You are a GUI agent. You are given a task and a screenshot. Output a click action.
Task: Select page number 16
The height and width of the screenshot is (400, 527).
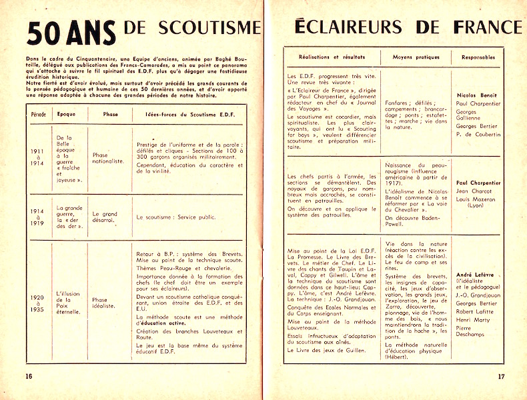(x=29, y=375)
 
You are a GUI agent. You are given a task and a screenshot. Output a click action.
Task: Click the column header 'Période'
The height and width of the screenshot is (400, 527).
(x=39, y=115)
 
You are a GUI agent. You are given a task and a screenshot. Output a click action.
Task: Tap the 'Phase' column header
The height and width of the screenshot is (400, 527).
(x=110, y=115)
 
